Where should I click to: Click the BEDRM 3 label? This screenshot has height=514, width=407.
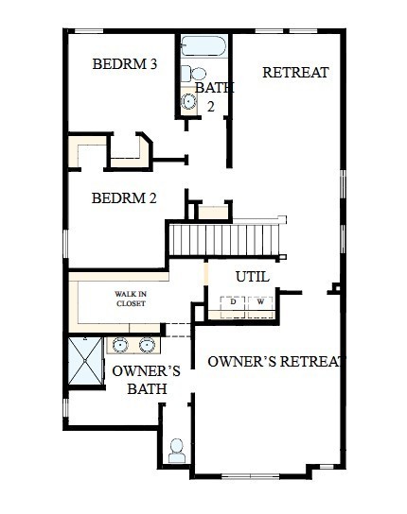click(x=124, y=64)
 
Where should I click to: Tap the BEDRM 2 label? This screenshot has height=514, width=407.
click(x=124, y=198)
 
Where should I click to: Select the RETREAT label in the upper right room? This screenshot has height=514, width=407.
click(x=295, y=72)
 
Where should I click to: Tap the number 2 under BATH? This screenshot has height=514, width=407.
click(x=212, y=107)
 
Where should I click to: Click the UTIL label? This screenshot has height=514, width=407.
click(x=252, y=277)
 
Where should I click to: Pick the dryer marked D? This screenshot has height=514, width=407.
click(x=233, y=302)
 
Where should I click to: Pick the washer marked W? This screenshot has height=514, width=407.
click(x=260, y=302)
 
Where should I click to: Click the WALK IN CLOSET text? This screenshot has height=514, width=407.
click(x=131, y=299)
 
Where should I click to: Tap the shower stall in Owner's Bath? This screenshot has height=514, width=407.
click(x=86, y=361)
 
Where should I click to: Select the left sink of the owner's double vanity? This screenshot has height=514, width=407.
click(x=121, y=344)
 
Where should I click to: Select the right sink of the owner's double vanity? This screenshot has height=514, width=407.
click(x=150, y=344)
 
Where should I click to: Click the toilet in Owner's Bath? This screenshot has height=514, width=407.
click(x=177, y=451)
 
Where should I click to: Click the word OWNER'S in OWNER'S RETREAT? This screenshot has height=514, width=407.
click(x=241, y=361)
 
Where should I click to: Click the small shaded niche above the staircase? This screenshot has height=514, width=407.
click(x=214, y=212)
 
